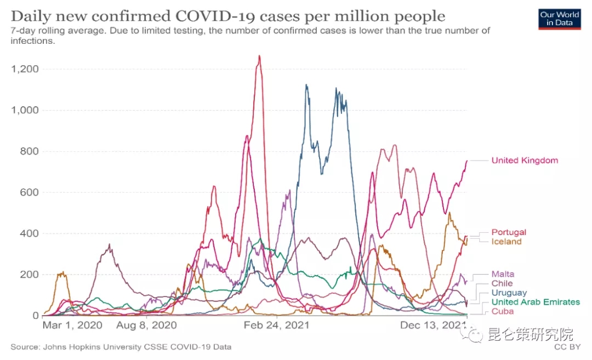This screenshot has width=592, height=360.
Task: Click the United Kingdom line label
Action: pos(525,161)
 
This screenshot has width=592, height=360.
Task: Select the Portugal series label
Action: pos(509,232)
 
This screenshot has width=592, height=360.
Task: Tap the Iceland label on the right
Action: pos(506,242)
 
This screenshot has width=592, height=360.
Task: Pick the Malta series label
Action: pos(503,274)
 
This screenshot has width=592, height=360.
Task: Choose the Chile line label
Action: pos(502,283)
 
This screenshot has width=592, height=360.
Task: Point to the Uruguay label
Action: pos(509,293)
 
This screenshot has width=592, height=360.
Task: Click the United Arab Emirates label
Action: pos(536,302)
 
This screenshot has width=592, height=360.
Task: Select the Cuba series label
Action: pos(503,311)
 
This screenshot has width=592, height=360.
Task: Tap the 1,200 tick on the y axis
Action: pos(24,69)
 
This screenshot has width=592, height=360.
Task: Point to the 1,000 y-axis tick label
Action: pos(24,110)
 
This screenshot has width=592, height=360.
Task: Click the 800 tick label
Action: pos(29,151)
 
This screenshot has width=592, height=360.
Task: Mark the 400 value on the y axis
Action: pos(29,233)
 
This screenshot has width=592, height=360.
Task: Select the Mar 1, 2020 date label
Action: pos(72,325)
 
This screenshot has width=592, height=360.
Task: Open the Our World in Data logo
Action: pos(560,19)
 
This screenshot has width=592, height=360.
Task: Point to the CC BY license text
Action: pos(567,347)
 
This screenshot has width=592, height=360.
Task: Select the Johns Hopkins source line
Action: pos(121,347)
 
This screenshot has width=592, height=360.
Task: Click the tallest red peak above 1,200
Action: pos(259,56)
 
